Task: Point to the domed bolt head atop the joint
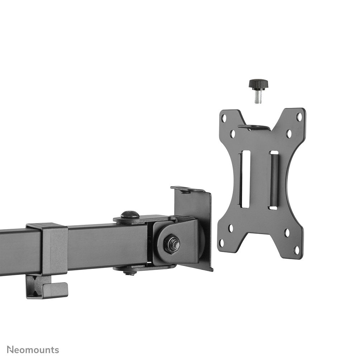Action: pyautogui.click(x=130, y=215)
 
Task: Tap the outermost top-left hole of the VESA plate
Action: pyautogui.click(x=224, y=118)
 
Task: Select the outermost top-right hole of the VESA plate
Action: pyautogui.click(x=298, y=117)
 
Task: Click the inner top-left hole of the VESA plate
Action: pyautogui.click(x=233, y=134)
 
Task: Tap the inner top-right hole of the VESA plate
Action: pyautogui.click(x=289, y=134)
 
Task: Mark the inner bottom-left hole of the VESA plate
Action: pyautogui.click(x=231, y=228)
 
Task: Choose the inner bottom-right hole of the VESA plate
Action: pyautogui.click(x=287, y=233)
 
